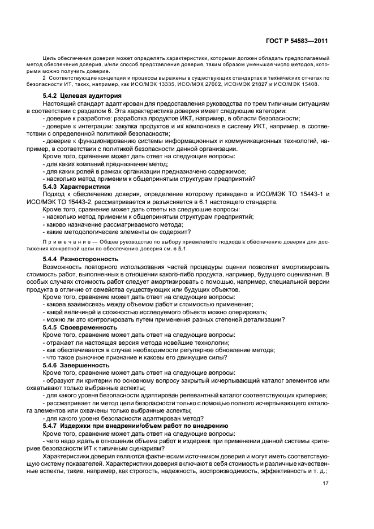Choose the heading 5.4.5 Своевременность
tap(80, 327)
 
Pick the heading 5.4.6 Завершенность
tap(76, 365)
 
